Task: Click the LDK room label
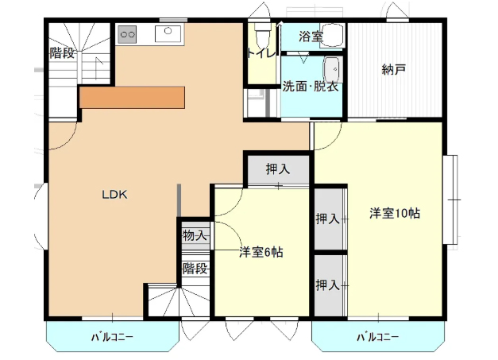click(114, 195)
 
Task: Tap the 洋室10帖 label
click(395, 213)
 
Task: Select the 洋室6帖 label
click(261, 252)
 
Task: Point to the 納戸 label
click(393, 69)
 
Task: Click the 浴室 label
click(311, 37)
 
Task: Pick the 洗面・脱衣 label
click(311, 86)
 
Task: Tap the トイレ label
click(261, 53)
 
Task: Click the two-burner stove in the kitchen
click(127, 34)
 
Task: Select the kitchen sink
click(168, 33)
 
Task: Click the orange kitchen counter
click(132, 97)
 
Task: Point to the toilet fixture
click(263, 31)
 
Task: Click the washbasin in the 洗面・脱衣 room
click(333, 70)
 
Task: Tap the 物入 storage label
click(195, 235)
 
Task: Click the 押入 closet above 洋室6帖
click(278, 168)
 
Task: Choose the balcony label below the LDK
click(112, 337)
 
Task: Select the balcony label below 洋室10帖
click(377, 337)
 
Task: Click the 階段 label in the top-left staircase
click(62, 52)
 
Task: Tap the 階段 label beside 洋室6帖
click(195, 269)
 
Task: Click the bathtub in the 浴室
click(331, 36)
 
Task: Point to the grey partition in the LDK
click(179, 200)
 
